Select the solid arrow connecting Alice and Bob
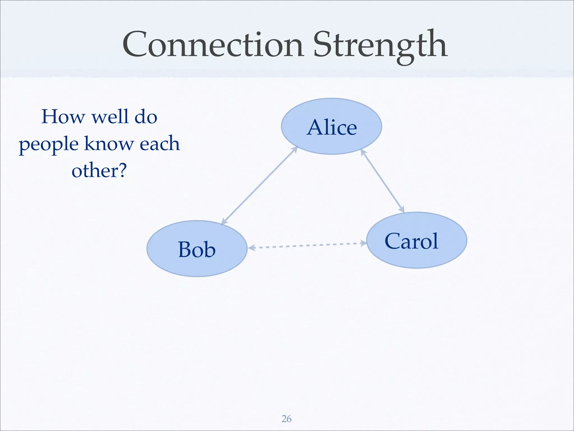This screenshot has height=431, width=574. (259, 185)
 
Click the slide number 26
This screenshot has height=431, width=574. (286, 419)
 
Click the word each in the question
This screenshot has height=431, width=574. (159, 143)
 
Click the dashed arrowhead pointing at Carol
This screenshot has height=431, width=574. (364, 243)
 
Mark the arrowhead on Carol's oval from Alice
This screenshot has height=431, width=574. (402, 210)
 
